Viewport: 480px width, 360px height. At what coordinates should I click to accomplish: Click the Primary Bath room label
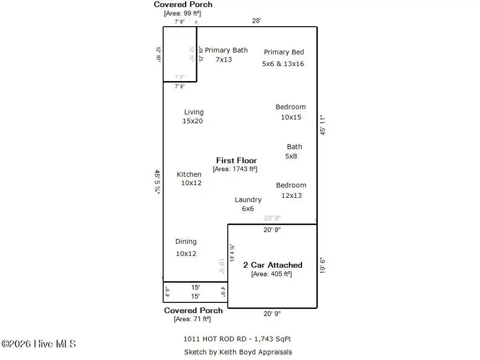point(226,50)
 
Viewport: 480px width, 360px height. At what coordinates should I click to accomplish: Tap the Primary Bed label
point(284,52)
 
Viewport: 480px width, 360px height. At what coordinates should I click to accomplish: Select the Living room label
point(194,112)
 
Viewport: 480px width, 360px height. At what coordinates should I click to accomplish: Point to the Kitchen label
point(189,174)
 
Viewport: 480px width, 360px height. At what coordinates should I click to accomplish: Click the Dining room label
point(186,242)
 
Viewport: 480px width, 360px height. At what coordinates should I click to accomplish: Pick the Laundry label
point(248,199)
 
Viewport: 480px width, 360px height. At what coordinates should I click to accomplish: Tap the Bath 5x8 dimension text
point(291,156)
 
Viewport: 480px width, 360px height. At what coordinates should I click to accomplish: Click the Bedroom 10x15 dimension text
point(291,117)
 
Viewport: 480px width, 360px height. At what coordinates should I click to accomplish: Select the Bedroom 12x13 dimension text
point(291,195)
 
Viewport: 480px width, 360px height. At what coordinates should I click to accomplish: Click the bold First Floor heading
point(236,160)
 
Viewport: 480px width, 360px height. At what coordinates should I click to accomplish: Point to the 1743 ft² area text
point(235,169)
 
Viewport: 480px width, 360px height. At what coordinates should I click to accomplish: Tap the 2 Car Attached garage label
point(273,265)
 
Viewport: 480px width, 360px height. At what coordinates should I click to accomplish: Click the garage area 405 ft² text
point(271,274)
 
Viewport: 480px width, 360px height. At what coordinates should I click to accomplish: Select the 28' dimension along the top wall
point(257,21)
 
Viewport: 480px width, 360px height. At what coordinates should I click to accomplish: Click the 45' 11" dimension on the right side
point(323,125)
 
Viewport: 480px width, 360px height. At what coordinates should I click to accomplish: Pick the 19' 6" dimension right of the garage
point(323,266)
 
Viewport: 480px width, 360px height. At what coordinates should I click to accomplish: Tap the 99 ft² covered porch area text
point(182,13)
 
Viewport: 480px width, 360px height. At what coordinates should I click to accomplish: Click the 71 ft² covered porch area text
point(192,319)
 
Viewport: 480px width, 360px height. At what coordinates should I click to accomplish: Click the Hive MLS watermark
point(38,344)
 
